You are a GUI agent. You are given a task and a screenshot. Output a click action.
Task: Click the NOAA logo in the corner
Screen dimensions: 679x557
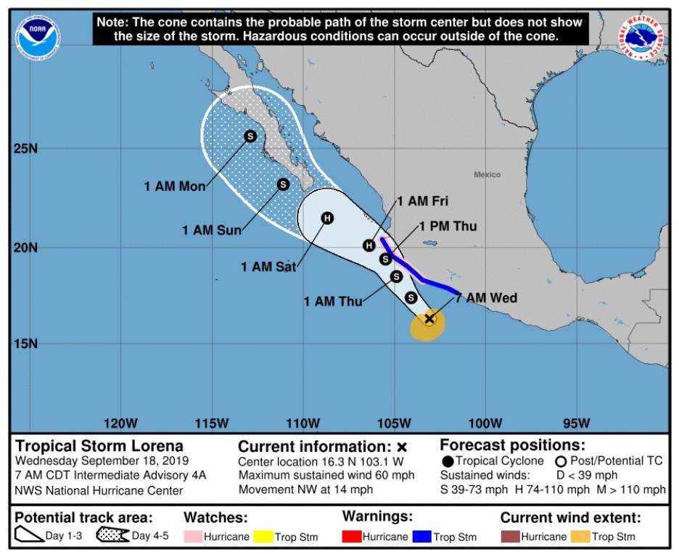(38, 36)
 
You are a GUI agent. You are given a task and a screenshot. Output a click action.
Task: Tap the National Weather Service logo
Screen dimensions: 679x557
(642, 37)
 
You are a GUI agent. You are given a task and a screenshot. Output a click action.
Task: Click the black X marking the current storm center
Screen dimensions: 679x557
(429, 318)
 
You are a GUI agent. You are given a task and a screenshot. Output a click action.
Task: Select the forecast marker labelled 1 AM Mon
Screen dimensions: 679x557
(250, 136)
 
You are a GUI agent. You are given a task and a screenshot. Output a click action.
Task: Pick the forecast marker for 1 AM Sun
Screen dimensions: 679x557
(283, 184)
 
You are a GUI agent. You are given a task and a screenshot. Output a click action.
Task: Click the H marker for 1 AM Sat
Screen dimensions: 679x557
(327, 218)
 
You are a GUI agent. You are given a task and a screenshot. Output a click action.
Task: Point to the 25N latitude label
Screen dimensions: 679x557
(26, 148)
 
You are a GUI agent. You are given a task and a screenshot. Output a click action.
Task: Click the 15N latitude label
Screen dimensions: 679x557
(26, 343)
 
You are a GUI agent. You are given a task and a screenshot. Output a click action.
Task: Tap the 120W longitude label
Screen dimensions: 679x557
(120, 423)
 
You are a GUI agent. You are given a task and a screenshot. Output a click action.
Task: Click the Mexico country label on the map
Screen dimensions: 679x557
(487, 174)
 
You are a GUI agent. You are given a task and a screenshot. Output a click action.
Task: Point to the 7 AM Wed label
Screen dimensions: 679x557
(486, 298)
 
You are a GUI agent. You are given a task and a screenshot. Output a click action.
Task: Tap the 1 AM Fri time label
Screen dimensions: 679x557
(422, 201)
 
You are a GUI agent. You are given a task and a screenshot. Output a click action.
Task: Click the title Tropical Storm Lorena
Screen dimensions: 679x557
(99, 445)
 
